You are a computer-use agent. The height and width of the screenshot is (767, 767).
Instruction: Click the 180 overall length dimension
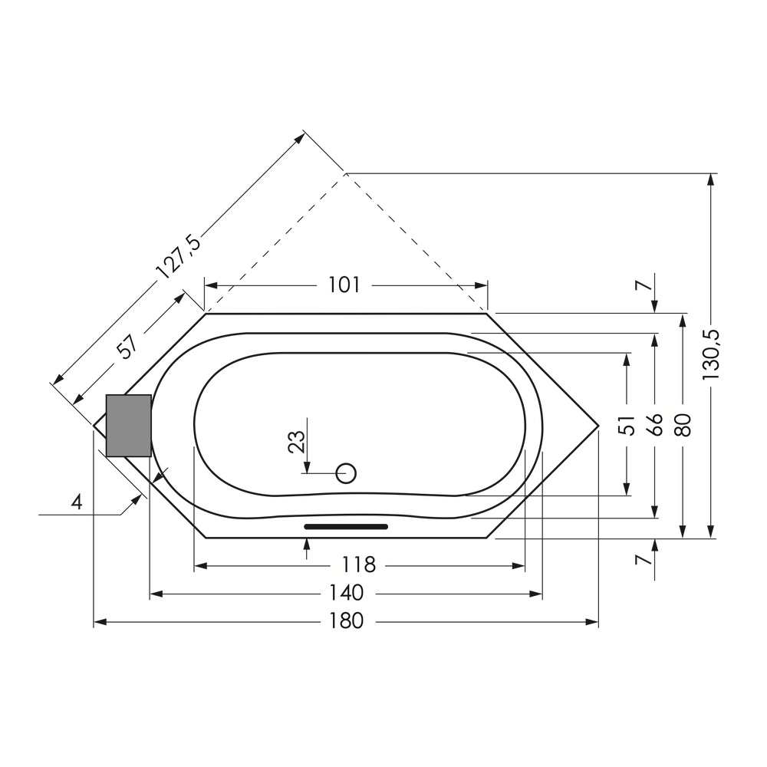coord(346,621)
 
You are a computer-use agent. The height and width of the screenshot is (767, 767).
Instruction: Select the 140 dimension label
coord(346,594)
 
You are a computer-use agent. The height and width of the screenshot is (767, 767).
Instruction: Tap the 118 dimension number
coord(358,565)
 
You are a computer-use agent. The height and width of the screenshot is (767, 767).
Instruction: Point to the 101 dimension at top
coord(344,285)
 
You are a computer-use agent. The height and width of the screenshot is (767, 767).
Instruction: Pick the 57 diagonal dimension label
coord(127,347)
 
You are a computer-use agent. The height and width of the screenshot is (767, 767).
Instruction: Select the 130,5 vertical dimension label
coord(711,355)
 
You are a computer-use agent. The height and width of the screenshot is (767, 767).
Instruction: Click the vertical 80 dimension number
coord(683,425)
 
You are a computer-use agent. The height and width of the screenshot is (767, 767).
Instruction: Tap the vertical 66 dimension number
coord(655,425)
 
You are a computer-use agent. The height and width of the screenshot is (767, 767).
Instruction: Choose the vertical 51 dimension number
coord(627,425)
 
